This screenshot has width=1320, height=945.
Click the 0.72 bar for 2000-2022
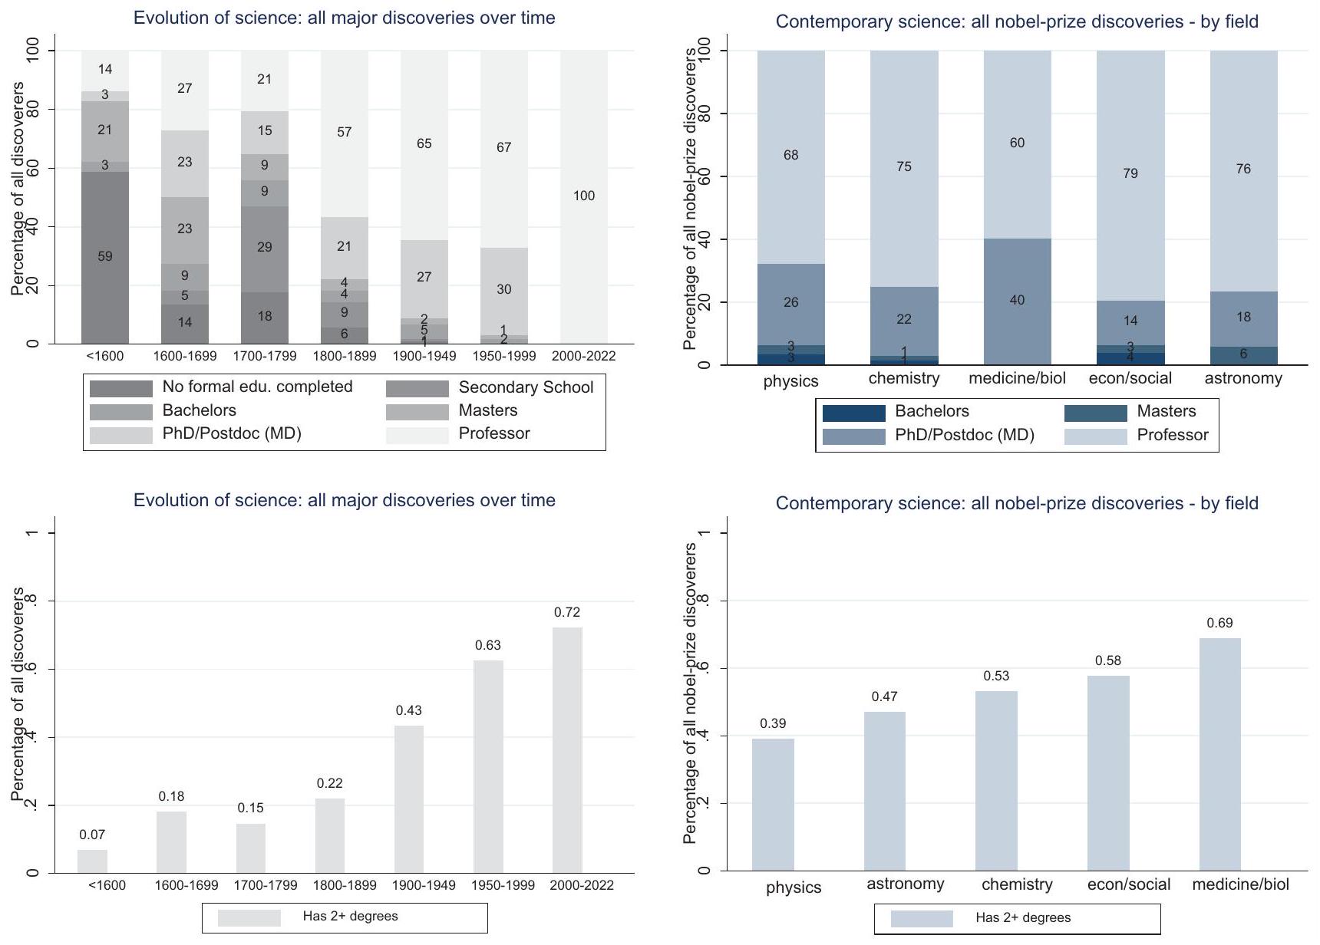coord(567,749)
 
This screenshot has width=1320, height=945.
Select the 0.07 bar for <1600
coord(92,861)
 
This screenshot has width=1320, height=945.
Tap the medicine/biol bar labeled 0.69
coord(1219,754)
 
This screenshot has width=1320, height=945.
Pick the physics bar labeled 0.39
coord(773,805)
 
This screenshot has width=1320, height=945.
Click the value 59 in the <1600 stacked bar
coord(105,256)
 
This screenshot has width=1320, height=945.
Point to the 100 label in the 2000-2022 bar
coord(583,196)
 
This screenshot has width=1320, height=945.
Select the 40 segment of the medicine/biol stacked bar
coord(1017,301)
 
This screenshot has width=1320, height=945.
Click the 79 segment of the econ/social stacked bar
coord(1130,173)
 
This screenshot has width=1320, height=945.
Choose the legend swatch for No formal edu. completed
coord(121,388)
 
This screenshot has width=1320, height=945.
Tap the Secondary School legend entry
coord(525,387)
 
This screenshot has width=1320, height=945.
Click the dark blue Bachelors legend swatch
coord(853,413)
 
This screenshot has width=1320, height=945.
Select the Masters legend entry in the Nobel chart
coord(1166,411)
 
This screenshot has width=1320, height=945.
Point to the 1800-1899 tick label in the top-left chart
coord(345,356)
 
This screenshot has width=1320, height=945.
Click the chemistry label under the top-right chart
coord(904,378)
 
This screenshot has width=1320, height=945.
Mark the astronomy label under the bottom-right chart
coord(906,884)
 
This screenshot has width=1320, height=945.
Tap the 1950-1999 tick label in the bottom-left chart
coord(503,885)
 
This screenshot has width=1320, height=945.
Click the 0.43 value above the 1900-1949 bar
coord(409,710)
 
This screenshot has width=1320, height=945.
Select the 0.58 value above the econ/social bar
coord(1108,660)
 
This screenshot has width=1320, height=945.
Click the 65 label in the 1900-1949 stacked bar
coord(424,143)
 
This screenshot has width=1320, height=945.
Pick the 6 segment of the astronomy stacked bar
coord(1243,354)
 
